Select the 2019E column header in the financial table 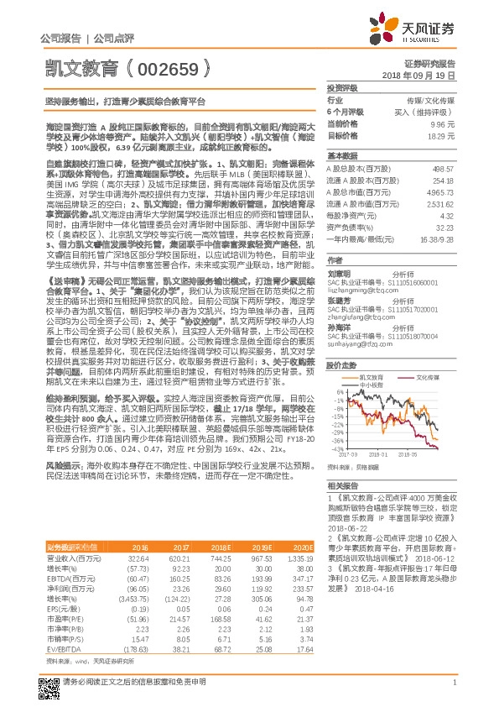pos(260,546)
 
